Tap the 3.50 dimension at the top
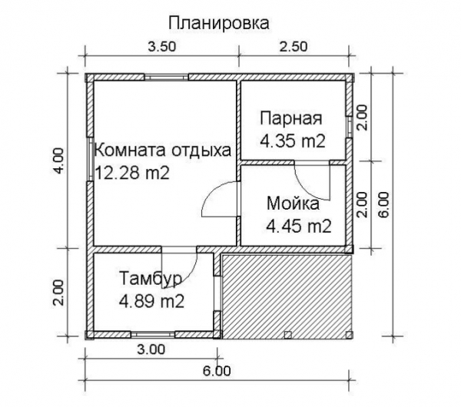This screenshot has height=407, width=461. tap(161, 46)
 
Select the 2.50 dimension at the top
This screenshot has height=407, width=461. tap(293, 46)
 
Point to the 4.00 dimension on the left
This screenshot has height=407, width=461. tap(62, 160)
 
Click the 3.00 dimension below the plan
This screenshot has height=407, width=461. tap(151, 350)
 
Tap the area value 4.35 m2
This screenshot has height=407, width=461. tap(293, 141)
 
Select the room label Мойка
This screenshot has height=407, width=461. tap(294, 203)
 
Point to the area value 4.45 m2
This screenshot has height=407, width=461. tap(298, 227)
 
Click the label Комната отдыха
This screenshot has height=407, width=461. tap(162, 151)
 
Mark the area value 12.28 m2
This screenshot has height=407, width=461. tap(133, 173)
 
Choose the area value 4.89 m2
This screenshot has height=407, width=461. tap(151, 301)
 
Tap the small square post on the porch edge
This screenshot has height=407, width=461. tap(286, 334)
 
